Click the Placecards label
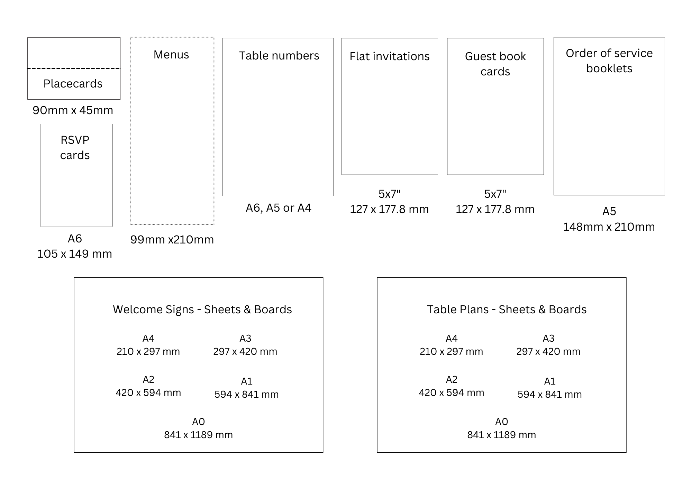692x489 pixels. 73,84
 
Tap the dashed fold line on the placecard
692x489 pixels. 74,68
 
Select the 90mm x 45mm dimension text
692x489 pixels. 73,110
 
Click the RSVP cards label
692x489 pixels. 75,148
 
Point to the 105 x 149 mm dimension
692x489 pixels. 74,254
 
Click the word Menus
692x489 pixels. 171,55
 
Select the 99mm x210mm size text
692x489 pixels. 172,240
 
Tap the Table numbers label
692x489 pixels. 279,56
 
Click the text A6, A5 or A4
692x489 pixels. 279,208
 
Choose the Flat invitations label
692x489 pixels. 390,56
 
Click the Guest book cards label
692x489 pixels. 495,64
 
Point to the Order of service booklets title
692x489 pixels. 609,61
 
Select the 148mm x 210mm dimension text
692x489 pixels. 609,227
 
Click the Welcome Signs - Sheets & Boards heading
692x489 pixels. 202,310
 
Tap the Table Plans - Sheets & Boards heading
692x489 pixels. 507,310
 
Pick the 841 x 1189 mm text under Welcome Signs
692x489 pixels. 198,435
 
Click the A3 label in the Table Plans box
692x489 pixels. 548,338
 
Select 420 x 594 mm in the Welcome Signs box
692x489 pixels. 148,393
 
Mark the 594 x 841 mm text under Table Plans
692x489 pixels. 550,395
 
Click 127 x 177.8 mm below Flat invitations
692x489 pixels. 389,209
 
